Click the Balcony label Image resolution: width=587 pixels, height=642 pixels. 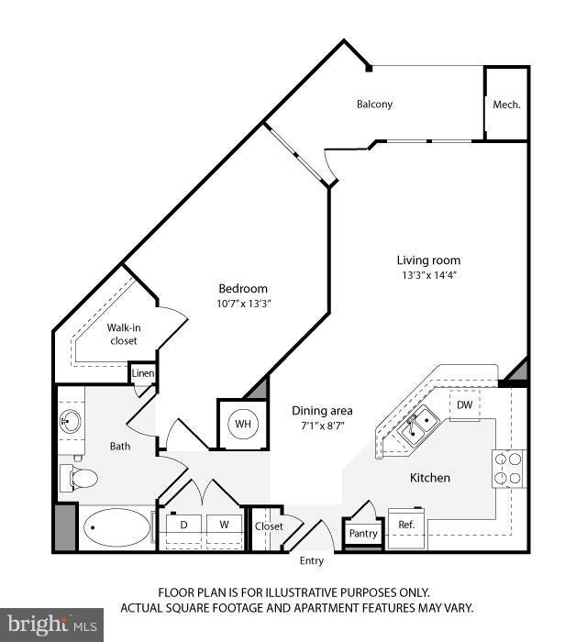click(x=374, y=104)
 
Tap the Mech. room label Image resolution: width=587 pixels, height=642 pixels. click(x=506, y=105)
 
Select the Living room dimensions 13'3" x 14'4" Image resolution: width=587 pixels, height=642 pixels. click(x=428, y=275)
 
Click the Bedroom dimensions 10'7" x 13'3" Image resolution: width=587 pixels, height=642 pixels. click(x=243, y=303)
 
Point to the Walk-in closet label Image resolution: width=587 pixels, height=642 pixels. click(x=122, y=334)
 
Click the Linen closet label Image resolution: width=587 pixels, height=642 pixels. click(x=143, y=373)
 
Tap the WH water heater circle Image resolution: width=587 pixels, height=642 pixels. click(x=242, y=424)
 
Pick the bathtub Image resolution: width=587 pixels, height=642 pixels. click(x=117, y=527)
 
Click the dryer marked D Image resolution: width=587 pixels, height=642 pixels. click(x=183, y=526)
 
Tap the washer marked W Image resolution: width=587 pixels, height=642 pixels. click(x=223, y=526)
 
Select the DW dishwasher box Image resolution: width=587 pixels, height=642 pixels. click(x=465, y=405)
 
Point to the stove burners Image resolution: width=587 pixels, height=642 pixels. click(x=509, y=467)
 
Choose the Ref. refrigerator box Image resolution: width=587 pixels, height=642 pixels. click(x=406, y=526)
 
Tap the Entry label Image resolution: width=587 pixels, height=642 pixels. click(x=312, y=561)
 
